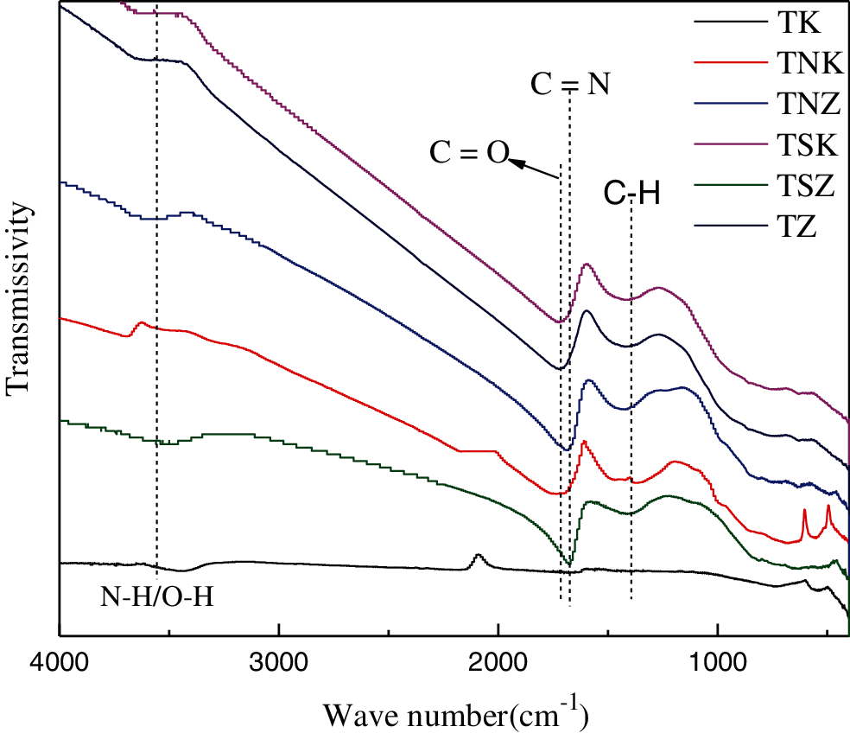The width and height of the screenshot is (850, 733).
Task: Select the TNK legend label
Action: (x=798, y=63)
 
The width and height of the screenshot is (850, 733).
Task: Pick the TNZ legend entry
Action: (x=798, y=104)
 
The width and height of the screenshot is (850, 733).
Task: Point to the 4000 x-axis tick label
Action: (x=59, y=665)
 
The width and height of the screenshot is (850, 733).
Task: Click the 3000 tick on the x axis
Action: (x=278, y=665)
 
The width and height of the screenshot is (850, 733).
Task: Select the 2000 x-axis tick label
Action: (x=498, y=665)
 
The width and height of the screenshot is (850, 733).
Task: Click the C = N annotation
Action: (x=569, y=83)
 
